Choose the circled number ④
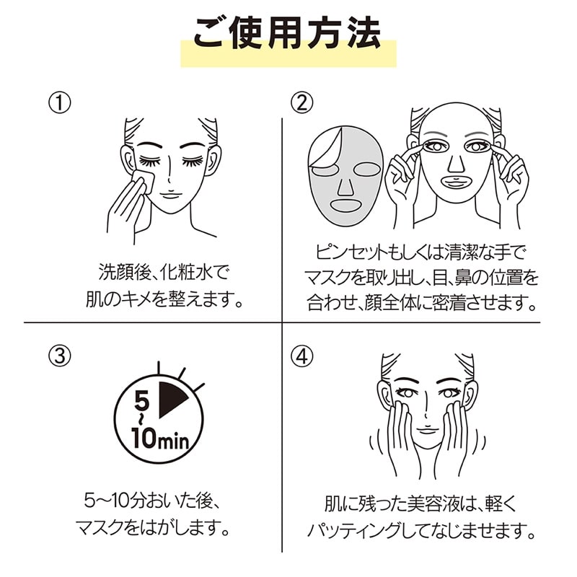point(302,356)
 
